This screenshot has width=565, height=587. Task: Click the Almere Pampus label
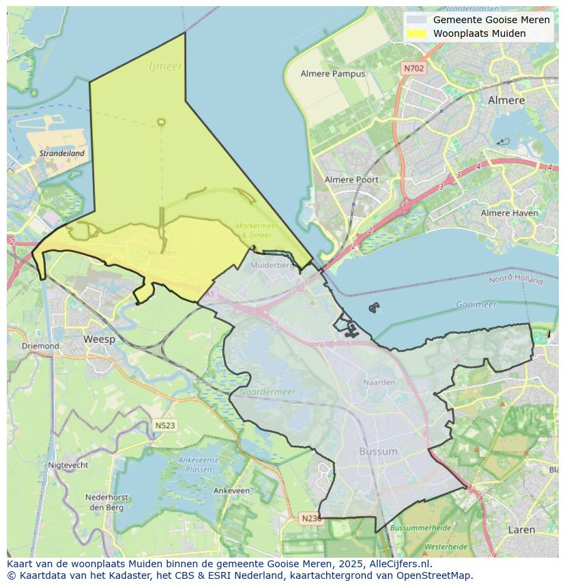coord(333,74)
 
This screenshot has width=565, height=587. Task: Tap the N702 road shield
coord(414,68)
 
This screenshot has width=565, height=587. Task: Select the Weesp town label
coord(99,339)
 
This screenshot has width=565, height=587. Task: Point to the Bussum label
coord(378,451)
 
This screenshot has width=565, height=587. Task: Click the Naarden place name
coord(379,382)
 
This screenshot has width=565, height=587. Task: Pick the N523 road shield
coord(164,425)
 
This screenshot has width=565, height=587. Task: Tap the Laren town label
coord(521,529)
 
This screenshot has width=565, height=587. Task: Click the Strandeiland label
coord(61,153)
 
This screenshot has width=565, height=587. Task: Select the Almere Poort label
coord(351,180)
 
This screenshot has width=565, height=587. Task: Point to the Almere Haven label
coord(509,213)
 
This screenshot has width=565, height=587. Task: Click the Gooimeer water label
coord(476,305)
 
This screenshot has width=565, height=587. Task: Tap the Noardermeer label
coord(267,392)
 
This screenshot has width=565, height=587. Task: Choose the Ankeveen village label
coord(231,490)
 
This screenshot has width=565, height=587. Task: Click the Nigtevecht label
coord(68,465)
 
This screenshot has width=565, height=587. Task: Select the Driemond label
coord(40,346)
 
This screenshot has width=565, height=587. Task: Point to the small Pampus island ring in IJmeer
coord(161,122)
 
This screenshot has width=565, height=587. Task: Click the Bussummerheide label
coord(420,528)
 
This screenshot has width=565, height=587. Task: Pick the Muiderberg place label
coord(272,265)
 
